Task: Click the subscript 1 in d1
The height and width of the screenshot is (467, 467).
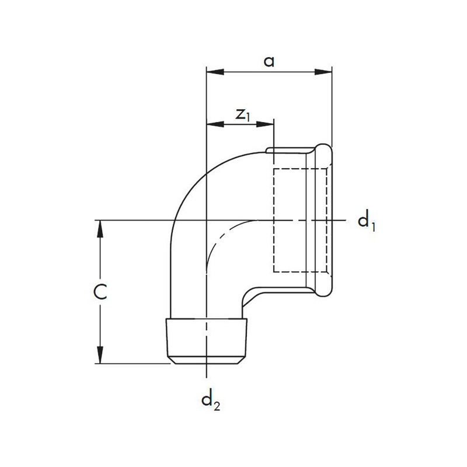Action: pos(372,226)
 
